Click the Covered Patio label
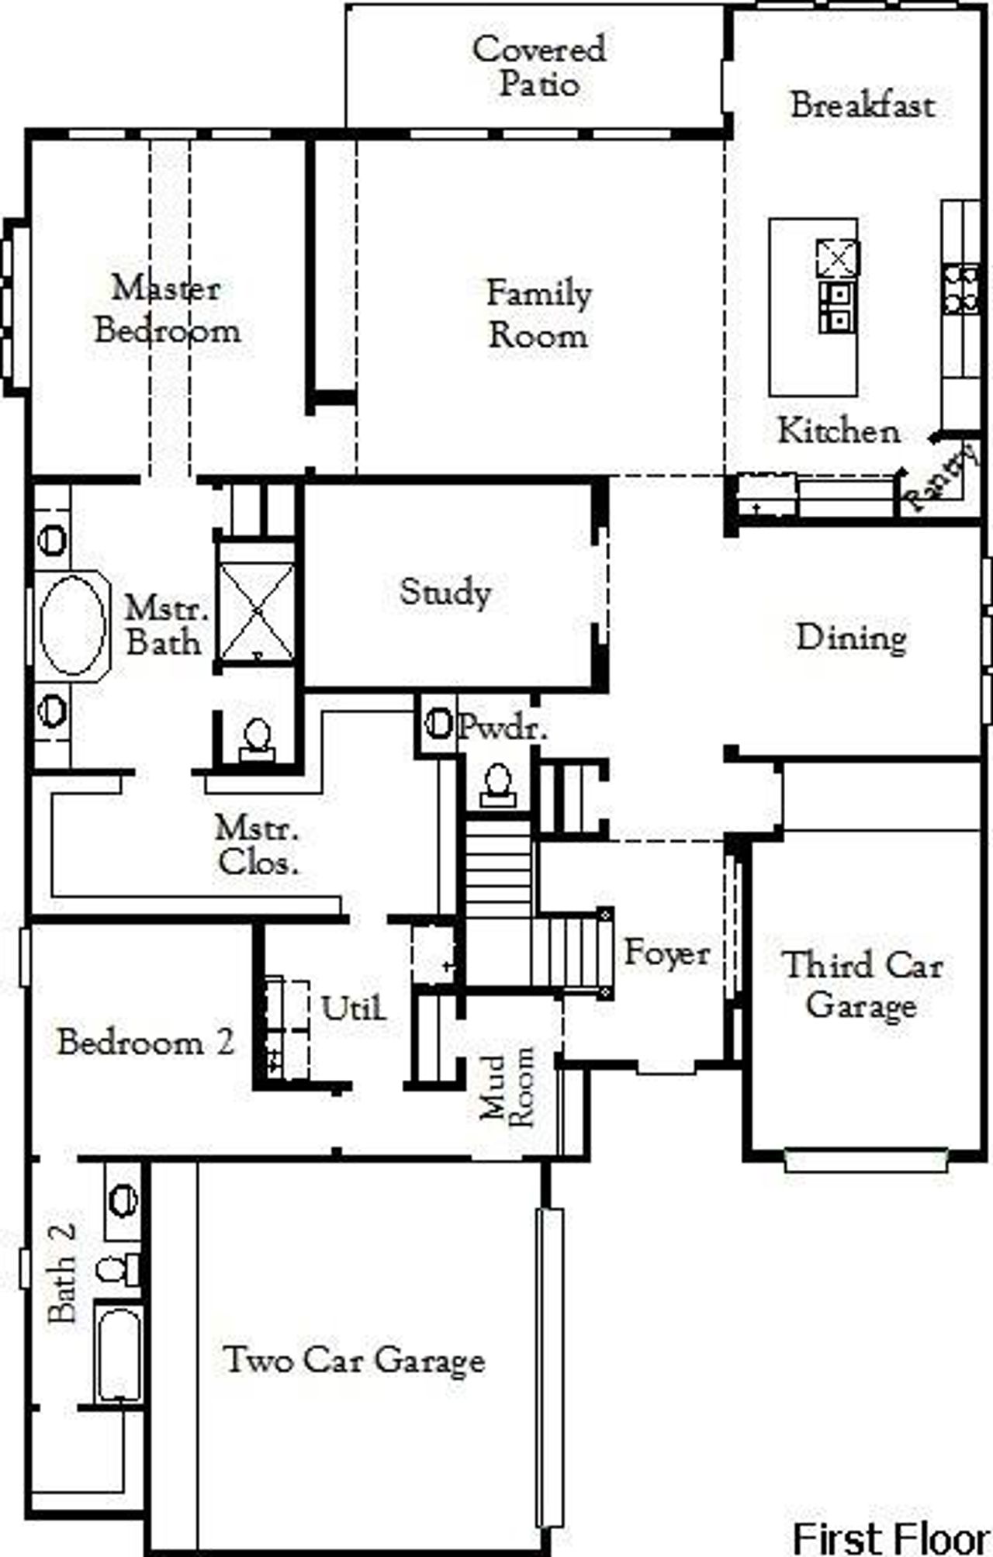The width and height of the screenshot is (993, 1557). (538, 67)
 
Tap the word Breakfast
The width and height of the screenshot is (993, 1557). (862, 106)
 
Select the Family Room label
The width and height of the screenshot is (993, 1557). (538, 314)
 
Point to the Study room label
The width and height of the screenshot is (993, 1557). (445, 593)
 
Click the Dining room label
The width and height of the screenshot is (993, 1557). (851, 638)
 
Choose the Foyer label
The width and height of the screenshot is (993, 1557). (666, 953)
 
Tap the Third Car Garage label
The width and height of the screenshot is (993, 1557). (862, 985)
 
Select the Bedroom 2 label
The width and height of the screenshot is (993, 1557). (146, 1042)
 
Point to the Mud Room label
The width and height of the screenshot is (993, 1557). (507, 1087)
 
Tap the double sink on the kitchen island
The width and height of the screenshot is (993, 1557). (837, 306)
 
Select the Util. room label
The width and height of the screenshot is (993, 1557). (353, 1009)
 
